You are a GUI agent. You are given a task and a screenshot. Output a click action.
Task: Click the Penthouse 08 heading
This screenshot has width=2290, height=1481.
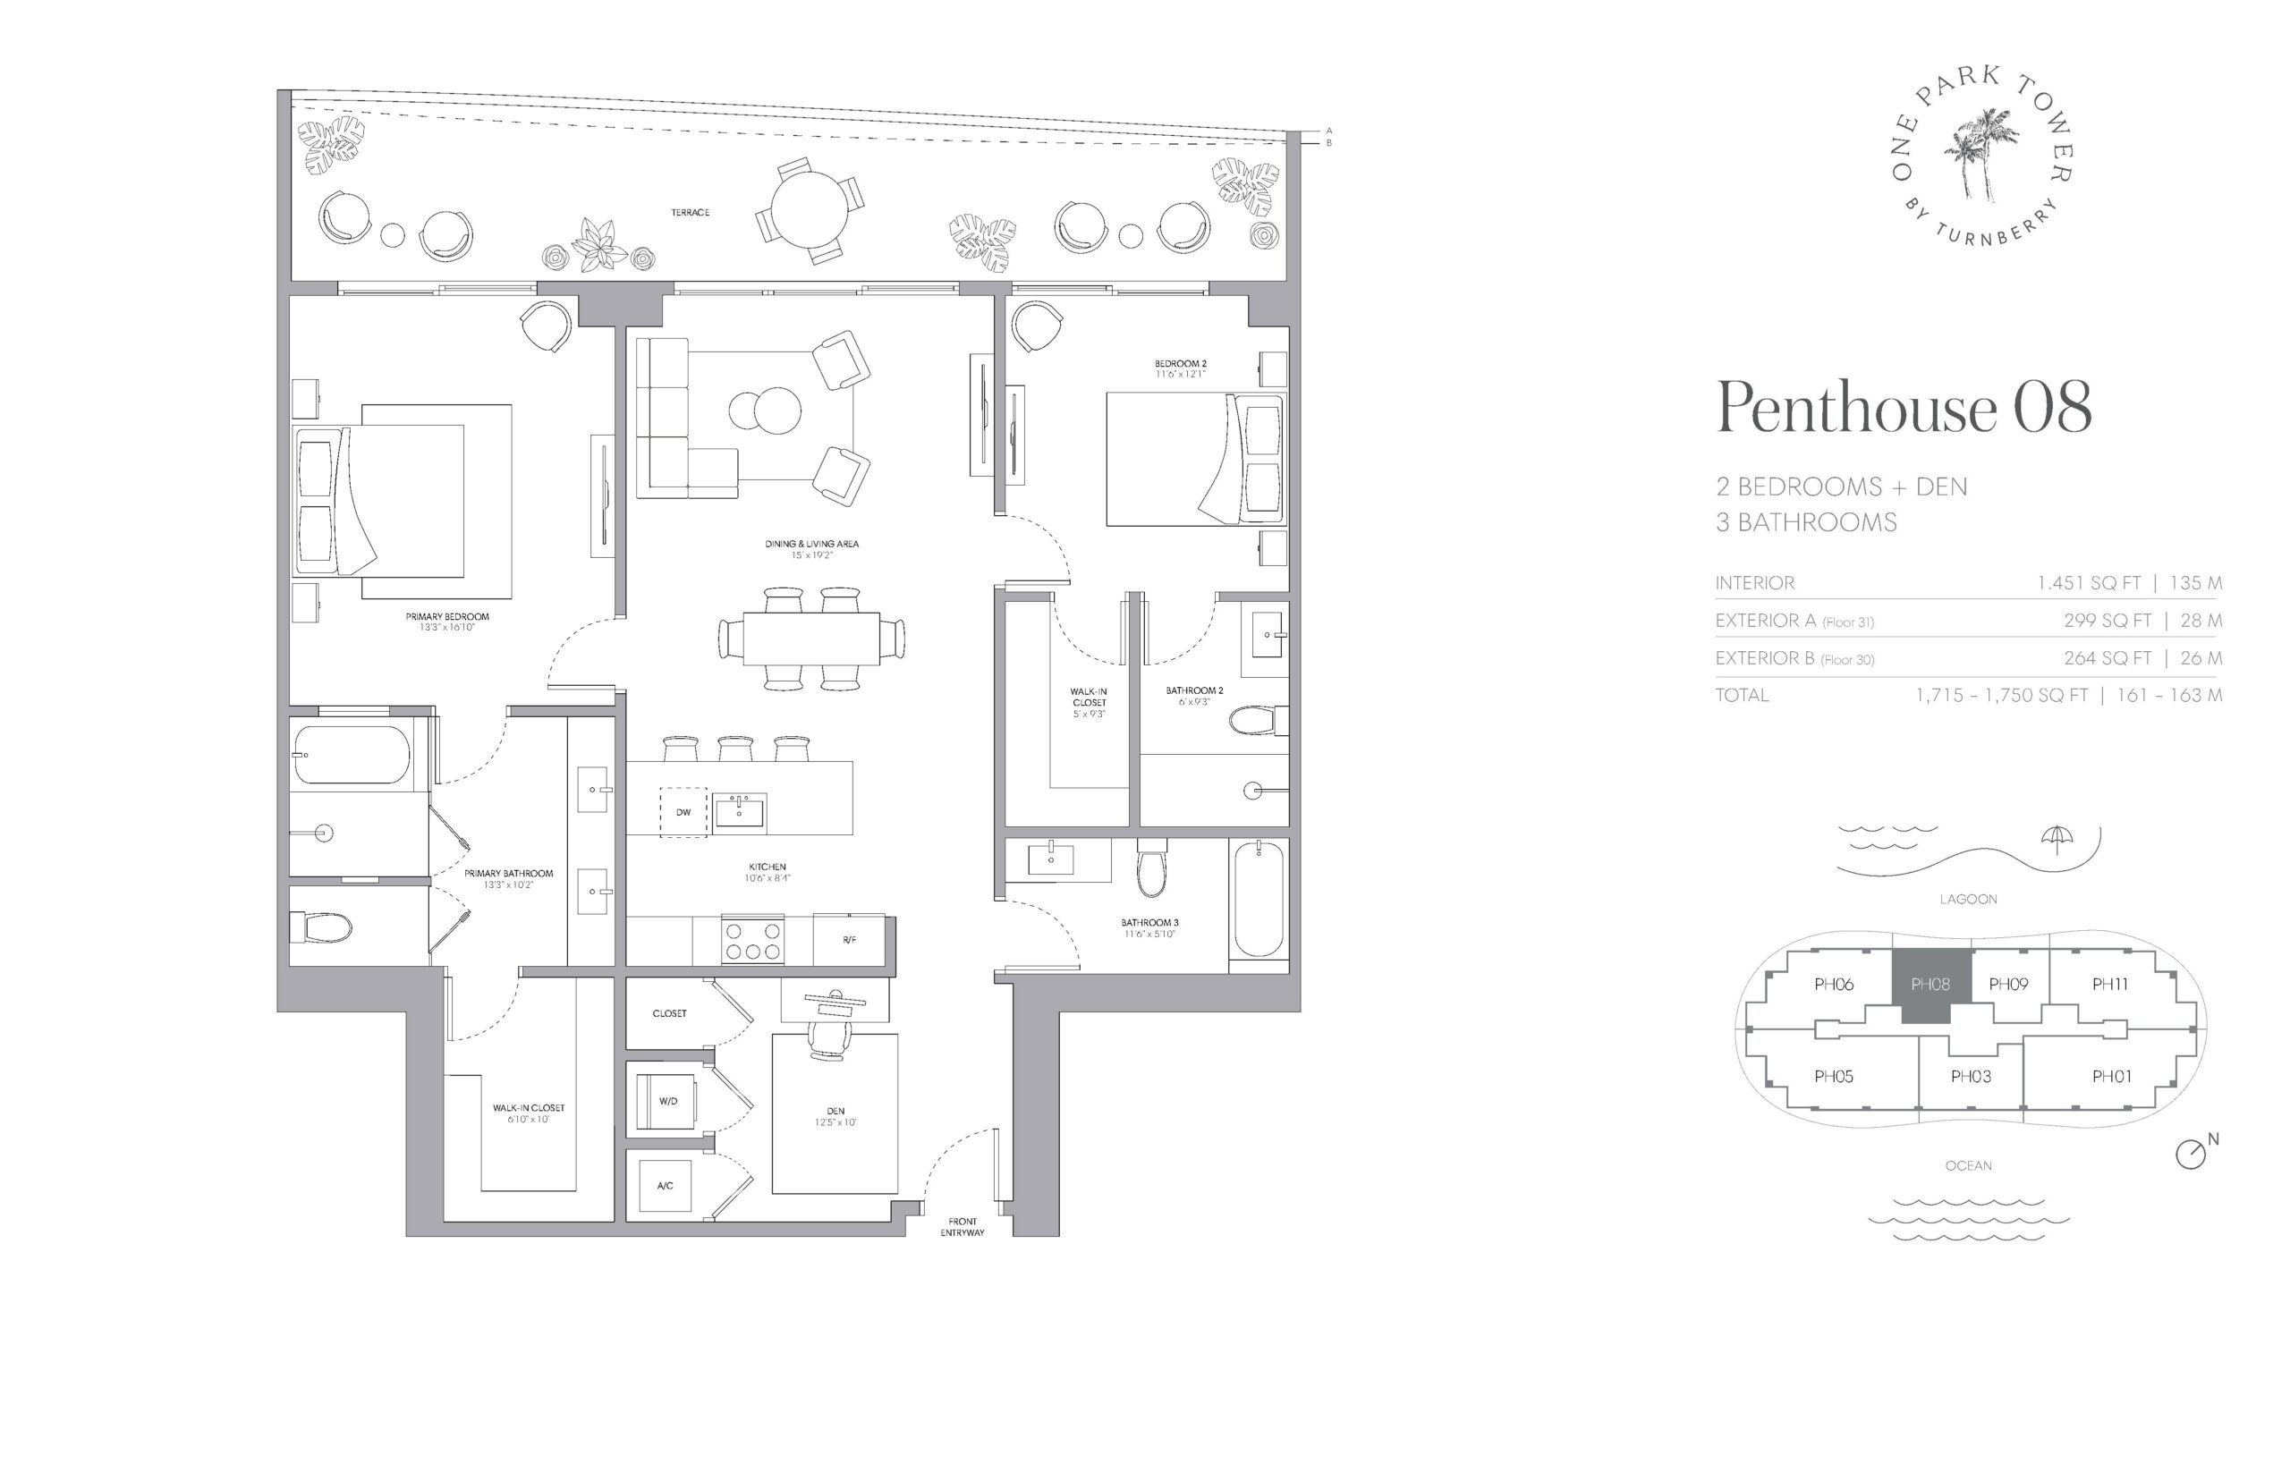click(1904, 407)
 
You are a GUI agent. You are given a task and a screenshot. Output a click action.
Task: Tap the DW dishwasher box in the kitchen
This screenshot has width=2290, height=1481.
click(683, 812)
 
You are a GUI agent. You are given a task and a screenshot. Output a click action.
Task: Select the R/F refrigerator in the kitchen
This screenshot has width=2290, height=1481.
click(848, 939)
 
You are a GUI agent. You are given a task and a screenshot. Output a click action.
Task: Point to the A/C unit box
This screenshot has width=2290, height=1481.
click(666, 1185)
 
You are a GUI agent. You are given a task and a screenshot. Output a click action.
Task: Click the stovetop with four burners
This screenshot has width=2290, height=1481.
click(752, 939)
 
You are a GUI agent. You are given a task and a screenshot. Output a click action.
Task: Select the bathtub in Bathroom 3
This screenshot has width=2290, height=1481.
click(1258, 899)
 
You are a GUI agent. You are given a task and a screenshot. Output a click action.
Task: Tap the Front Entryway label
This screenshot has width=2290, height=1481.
click(962, 1227)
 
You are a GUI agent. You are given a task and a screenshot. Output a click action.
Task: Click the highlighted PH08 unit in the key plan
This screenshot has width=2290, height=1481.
click(1930, 985)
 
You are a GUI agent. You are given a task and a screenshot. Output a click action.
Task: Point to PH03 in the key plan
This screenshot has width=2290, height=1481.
click(1970, 1076)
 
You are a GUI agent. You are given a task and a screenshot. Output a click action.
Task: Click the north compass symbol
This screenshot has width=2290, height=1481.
click(2190, 1154)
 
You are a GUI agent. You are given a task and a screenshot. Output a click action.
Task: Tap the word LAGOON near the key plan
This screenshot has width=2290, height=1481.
click(1968, 899)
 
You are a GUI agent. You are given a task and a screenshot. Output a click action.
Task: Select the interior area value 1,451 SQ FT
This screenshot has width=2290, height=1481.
click(2088, 583)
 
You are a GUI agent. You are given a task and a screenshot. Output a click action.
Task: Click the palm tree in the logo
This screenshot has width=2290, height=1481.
click(1980, 154)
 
